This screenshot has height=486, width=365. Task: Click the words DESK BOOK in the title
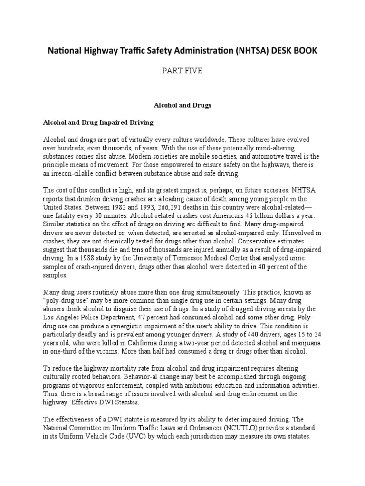point(291,50)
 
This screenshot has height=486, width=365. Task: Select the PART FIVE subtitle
point(182,71)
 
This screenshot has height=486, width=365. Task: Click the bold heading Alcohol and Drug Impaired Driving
point(98,122)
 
